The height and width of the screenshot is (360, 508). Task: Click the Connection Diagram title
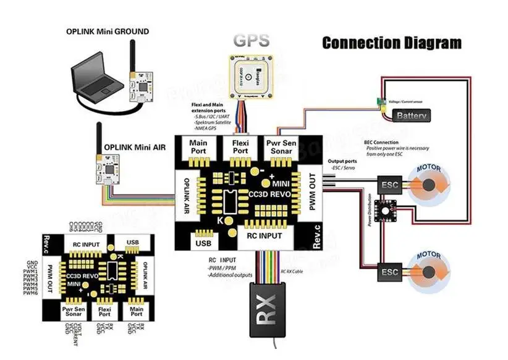392,43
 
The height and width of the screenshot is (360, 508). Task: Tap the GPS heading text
251,41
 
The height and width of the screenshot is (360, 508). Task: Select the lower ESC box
390,272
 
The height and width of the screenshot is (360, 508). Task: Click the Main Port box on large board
201,147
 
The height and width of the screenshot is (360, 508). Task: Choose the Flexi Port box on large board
240,147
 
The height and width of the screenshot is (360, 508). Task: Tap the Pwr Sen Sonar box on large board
281,147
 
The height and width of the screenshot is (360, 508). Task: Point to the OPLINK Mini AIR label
134,148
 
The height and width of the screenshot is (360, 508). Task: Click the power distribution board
391,210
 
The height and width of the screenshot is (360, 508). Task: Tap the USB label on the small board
133,243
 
